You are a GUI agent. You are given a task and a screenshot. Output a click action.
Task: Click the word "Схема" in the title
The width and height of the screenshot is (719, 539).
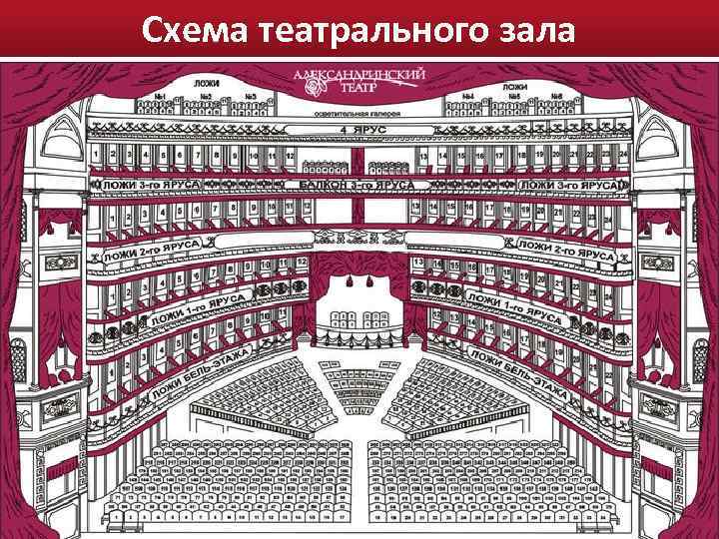(x=195, y=30)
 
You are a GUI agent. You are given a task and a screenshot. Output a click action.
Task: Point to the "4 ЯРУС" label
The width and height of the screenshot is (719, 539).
(x=359, y=131)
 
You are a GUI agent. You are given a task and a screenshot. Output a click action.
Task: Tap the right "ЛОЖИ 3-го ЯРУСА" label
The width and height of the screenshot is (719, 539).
(x=570, y=185)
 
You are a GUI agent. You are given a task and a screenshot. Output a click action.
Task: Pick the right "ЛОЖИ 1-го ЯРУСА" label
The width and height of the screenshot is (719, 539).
(x=518, y=307)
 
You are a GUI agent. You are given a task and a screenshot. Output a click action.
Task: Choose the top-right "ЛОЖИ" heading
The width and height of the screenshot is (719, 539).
(x=515, y=87)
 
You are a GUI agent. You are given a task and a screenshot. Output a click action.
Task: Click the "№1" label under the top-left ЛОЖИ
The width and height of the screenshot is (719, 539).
(x=160, y=96)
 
